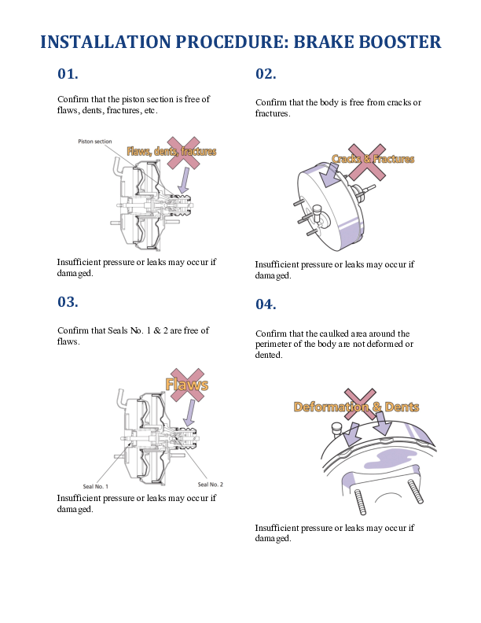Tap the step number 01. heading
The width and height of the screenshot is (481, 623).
coord(68,73)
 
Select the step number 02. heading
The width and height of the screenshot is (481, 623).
coord(266,73)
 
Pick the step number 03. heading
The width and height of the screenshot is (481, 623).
coord(68,301)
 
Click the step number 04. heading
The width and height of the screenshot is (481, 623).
coord(266,304)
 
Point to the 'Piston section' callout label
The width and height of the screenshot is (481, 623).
coord(95,141)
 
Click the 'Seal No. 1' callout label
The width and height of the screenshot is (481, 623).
coord(95,486)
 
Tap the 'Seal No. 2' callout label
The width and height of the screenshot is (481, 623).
coord(211,485)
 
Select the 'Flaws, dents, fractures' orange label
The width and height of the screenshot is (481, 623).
coord(171,151)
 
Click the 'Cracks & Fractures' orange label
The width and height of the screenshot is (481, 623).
coord(373,159)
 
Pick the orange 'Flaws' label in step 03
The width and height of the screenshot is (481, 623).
coord(186,385)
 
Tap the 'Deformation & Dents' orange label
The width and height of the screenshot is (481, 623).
coord(356,407)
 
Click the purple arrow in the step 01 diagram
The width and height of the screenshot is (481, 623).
coord(183,180)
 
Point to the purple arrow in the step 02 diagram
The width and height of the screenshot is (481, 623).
coord(330,175)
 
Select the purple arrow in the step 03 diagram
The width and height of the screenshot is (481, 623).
coord(190,413)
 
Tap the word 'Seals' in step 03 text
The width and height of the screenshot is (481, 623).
coord(118,330)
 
